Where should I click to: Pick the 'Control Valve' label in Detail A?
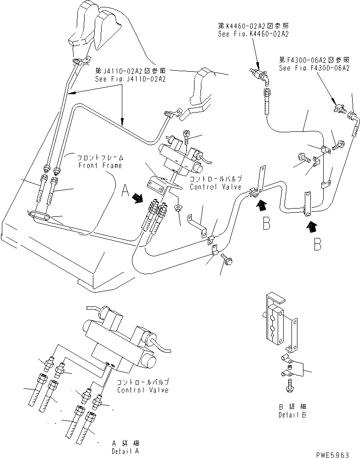click(143, 390)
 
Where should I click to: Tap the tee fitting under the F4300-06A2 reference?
click(341, 108)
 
